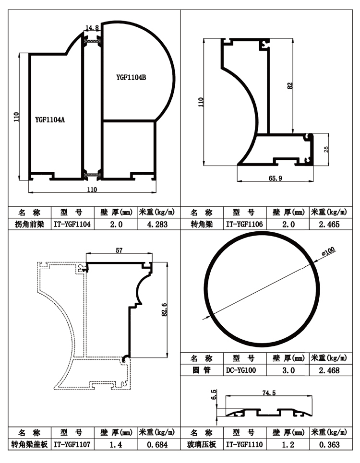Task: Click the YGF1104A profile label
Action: pos(50,120)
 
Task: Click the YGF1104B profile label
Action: pos(131,77)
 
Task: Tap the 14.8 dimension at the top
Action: pos(92,28)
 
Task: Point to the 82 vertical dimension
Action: pos(289,86)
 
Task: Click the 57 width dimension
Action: pos(118,249)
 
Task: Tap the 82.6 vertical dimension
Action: pos(164,310)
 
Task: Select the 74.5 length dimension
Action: pos(269,393)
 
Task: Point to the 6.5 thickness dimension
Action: pos(214,394)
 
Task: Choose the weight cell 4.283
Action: pos(158,224)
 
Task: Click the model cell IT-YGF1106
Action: pos(245,224)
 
